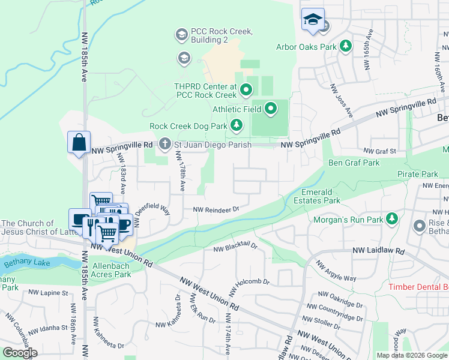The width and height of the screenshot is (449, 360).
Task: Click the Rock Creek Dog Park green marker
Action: pyautogui.click(x=237, y=125)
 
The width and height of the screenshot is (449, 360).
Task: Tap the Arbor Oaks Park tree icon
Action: pyautogui.click(x=345, y=46)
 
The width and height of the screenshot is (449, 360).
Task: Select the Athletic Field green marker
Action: pyautogui.click(x=271, y=109)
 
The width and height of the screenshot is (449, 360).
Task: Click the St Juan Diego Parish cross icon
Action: pyautogui.click(x=164, y=144)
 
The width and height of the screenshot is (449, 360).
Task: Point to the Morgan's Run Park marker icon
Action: pyautogui.click(x=392, y=219)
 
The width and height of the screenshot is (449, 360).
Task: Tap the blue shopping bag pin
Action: pyautogui.click(x=79, y=143)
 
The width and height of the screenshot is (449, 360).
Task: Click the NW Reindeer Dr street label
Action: pyautogui.click(x=216, y=209)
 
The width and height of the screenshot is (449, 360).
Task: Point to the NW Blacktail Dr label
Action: pyautogui.click(x=236, y=246)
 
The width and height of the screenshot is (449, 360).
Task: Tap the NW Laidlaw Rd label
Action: pyautogui.click(x=379, y=250)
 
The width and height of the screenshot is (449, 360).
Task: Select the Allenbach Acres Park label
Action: pyautogui.click(x=111, y=269)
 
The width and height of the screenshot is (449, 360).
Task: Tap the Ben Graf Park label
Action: pyautogui.click(x=354, y=163)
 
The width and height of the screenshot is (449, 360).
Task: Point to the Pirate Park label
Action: pyautogui.click(x=418, y=174)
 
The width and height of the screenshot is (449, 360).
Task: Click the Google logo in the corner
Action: pyautogui.click(x=20, y=353)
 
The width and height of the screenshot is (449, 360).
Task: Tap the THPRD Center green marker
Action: pyautogui.click(x=246, y=91)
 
